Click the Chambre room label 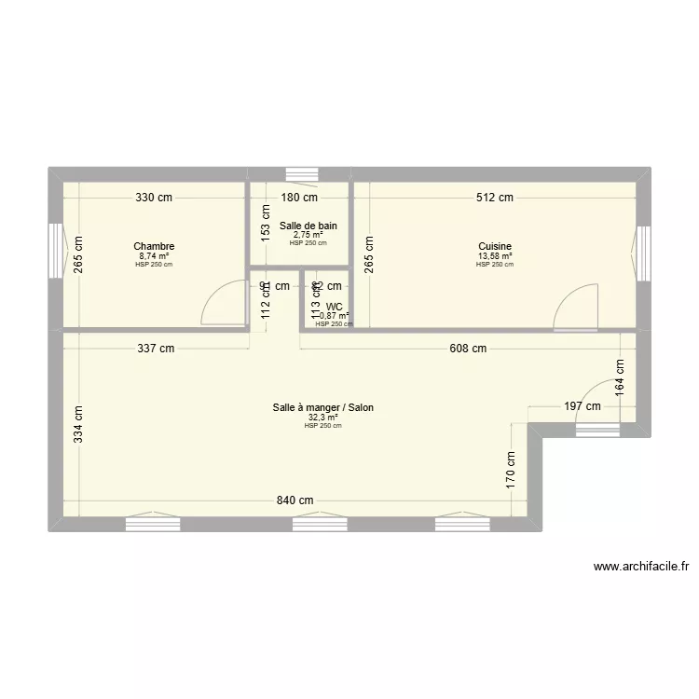[155, 247]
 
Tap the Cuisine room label [495, 247]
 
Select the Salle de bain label [308, 226]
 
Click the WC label [334, 306]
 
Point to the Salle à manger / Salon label [323, 407]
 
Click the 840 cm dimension [295, 500]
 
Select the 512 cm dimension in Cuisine [495, 198]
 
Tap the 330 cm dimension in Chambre [155, 198]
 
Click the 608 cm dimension [468, 349]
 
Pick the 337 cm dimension [156, 349]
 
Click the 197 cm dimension [582, 405]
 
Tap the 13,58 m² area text [495, 256]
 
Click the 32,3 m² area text [323, 418]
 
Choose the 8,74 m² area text [155, 256]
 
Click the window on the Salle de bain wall [300, 173]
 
